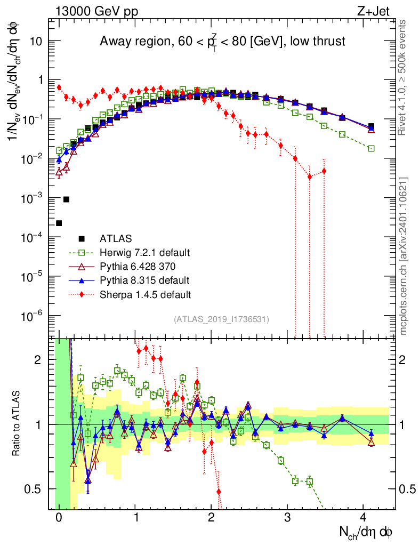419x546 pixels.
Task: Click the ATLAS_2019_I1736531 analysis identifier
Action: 221,319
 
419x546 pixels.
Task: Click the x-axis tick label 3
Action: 287,517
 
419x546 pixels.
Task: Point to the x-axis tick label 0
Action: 59,517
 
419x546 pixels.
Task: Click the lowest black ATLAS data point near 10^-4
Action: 59,223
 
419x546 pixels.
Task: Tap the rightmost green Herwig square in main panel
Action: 371,148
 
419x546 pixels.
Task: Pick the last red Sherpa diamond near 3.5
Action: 324,171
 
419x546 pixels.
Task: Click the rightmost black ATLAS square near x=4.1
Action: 371,126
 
